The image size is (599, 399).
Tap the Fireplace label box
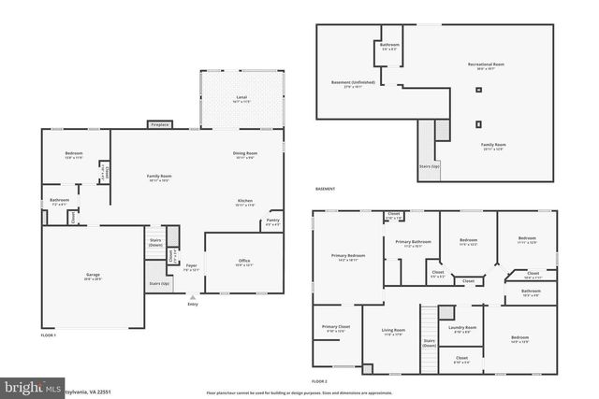tap(160, 124)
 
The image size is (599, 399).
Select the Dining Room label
tap(245, 153)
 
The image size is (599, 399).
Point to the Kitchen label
tap(245, 201)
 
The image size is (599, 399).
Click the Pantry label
tap(272, 221)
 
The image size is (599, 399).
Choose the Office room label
tap(243, 261)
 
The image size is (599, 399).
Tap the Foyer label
tap(191, 265)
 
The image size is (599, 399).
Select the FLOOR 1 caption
tap(49, 335)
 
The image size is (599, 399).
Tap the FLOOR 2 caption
tap(320, 381)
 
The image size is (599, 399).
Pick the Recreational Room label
tap(480, 64)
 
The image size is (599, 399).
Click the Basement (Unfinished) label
tap(353, 82)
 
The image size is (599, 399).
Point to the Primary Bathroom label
tap(412, 242)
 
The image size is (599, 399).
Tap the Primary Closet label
tap(335, 327)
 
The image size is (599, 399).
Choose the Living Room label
tap(392, 330)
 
